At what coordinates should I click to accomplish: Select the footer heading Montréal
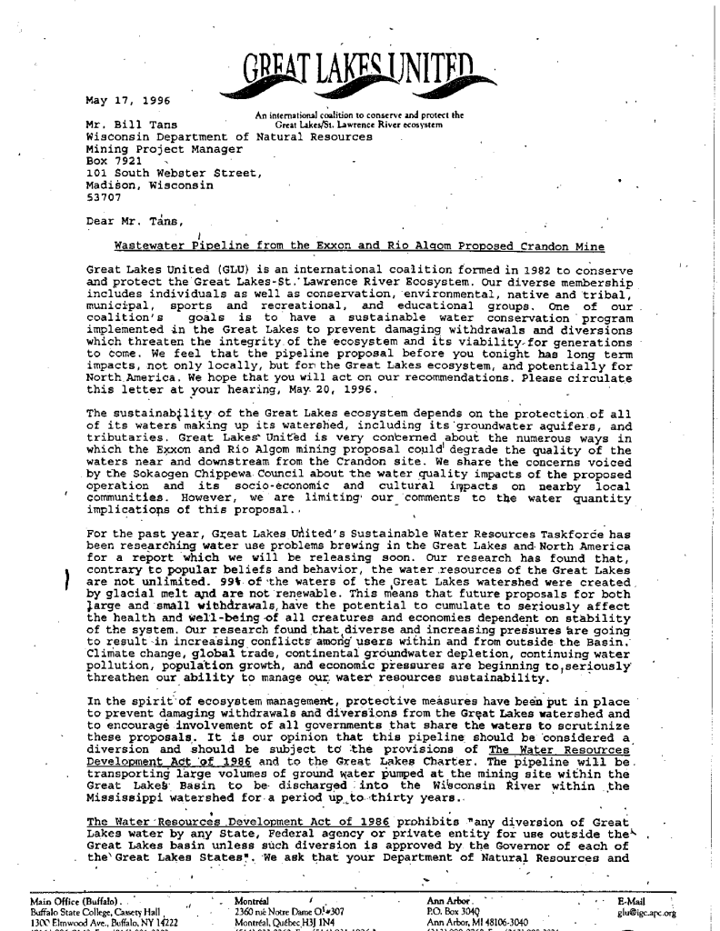[x=250, y=906]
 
